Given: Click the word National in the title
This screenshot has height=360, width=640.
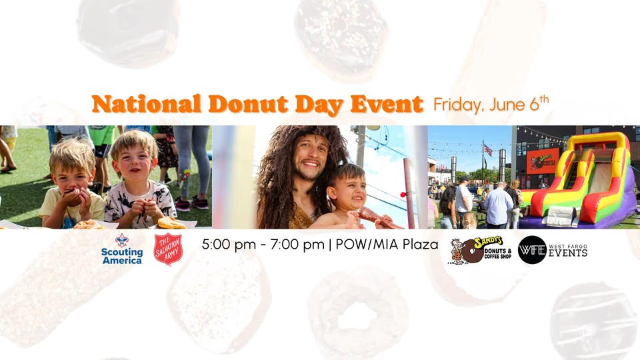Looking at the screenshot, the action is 147,104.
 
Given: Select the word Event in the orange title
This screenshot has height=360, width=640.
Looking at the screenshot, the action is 387,104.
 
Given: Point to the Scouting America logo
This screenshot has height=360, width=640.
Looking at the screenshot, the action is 122,249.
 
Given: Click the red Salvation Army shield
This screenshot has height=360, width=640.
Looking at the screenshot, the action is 168,249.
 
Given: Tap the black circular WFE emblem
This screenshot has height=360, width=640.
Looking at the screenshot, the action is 532,250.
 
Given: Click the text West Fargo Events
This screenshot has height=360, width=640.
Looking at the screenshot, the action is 568,251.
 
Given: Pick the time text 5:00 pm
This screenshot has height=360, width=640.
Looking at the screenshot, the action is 229,245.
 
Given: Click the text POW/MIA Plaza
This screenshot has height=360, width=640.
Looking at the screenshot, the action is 387,245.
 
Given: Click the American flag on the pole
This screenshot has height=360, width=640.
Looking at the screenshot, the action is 488,150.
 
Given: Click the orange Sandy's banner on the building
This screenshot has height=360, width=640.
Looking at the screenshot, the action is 543,161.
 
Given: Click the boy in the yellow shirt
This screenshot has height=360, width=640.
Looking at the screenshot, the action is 71,184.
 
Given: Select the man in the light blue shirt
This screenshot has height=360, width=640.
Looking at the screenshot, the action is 497,205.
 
